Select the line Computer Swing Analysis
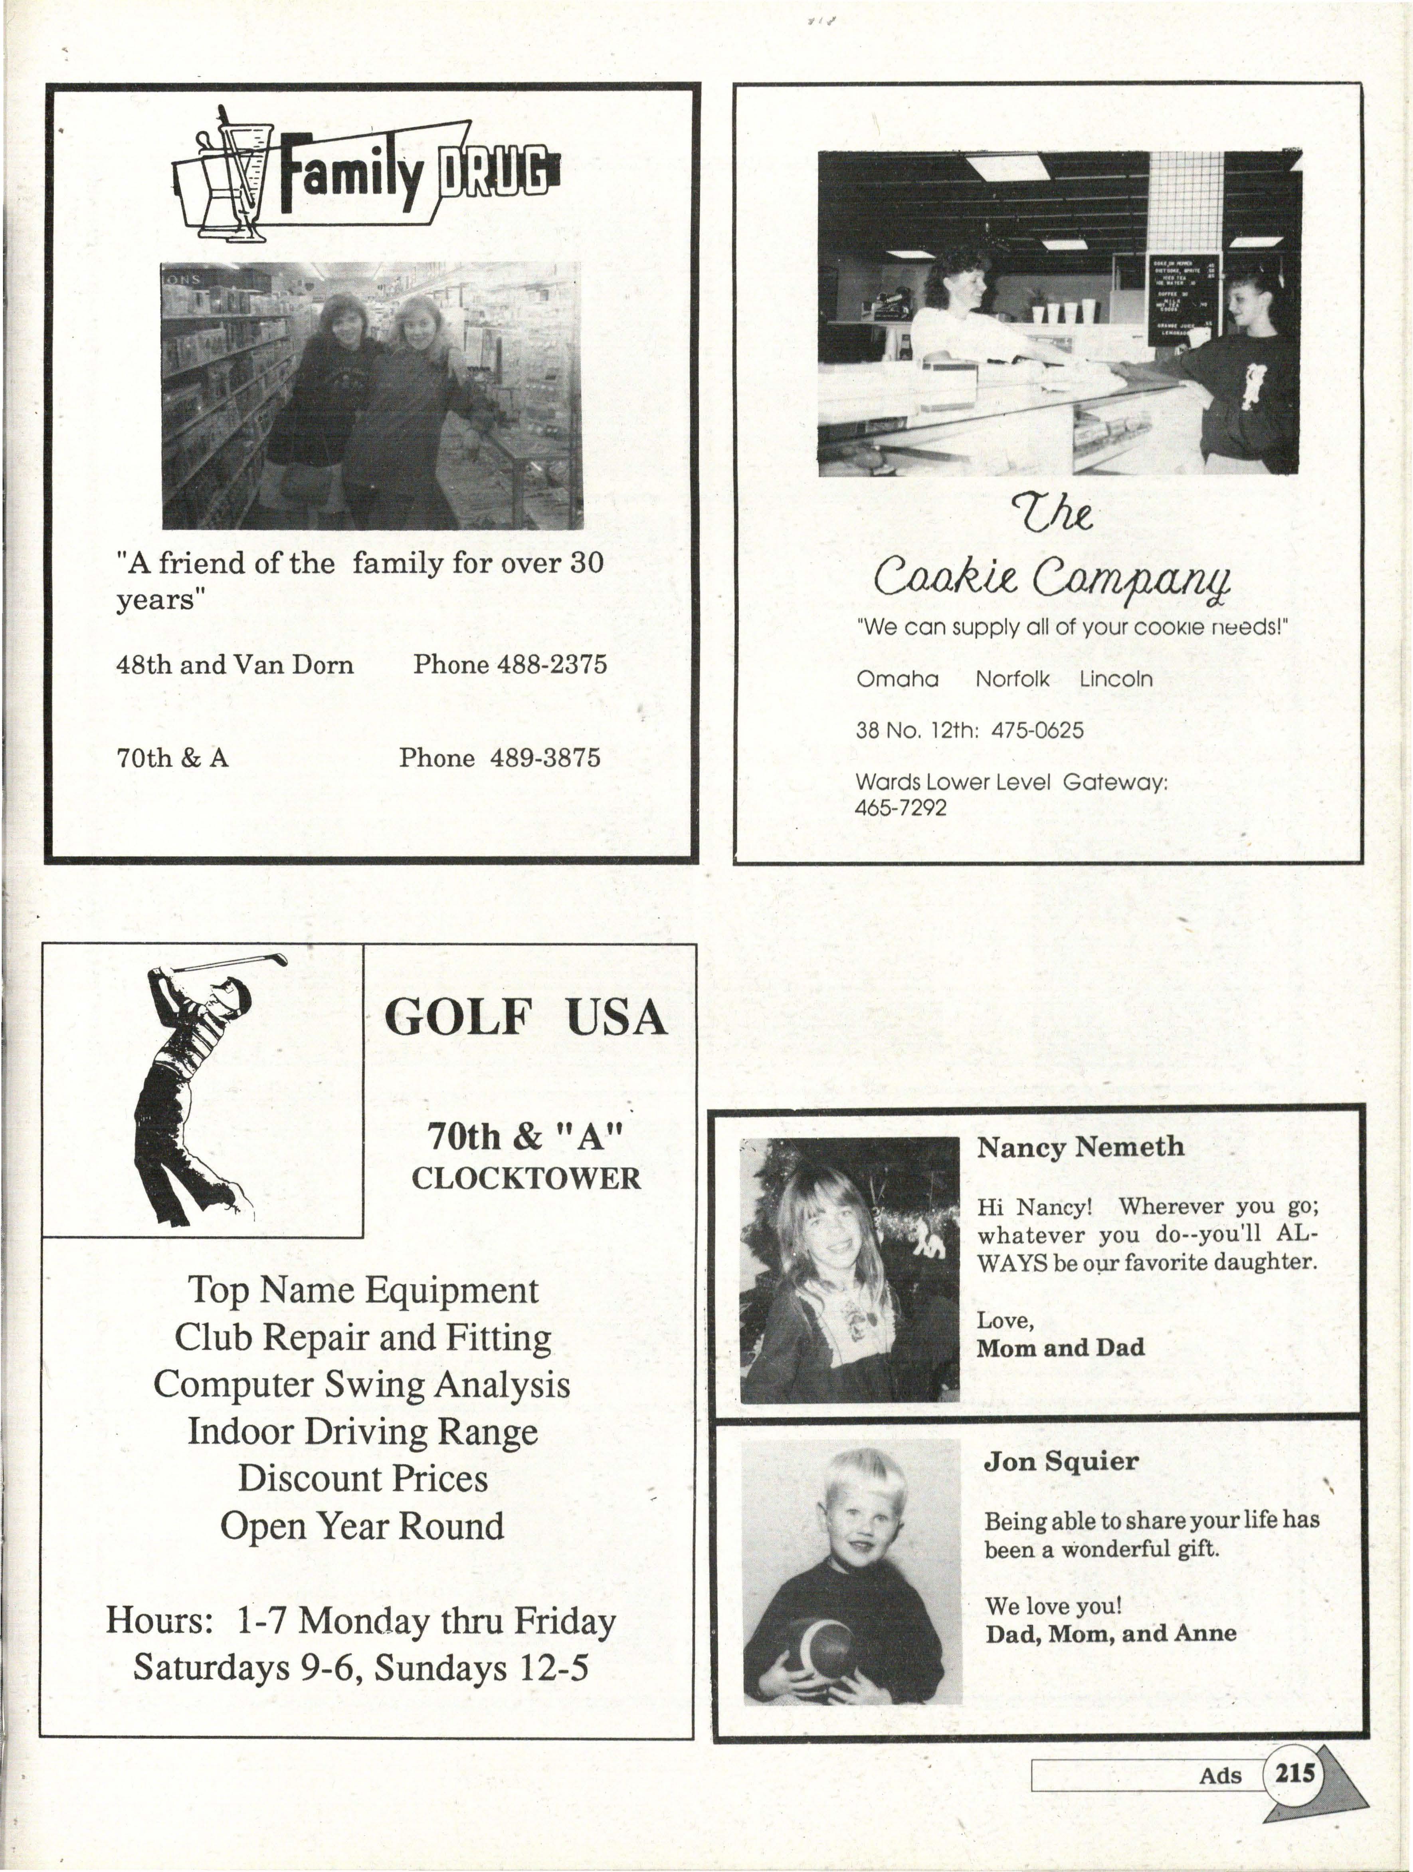click(x=362, y=1385)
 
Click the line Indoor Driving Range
click(x=362, y=1432)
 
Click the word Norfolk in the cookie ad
click(x=1012, y=679)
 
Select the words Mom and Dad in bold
click(x=1060, y=1348)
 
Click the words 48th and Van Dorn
click(x=234, y=664)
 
